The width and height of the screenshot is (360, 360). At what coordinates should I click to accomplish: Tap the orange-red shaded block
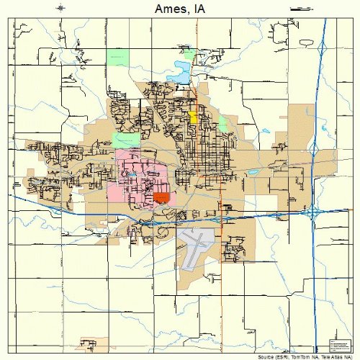(x=161, y=197)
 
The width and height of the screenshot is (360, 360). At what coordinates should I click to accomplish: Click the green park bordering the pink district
(x=127, y=140)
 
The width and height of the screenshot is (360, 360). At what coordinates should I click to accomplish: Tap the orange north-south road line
(x=220, y=288)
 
